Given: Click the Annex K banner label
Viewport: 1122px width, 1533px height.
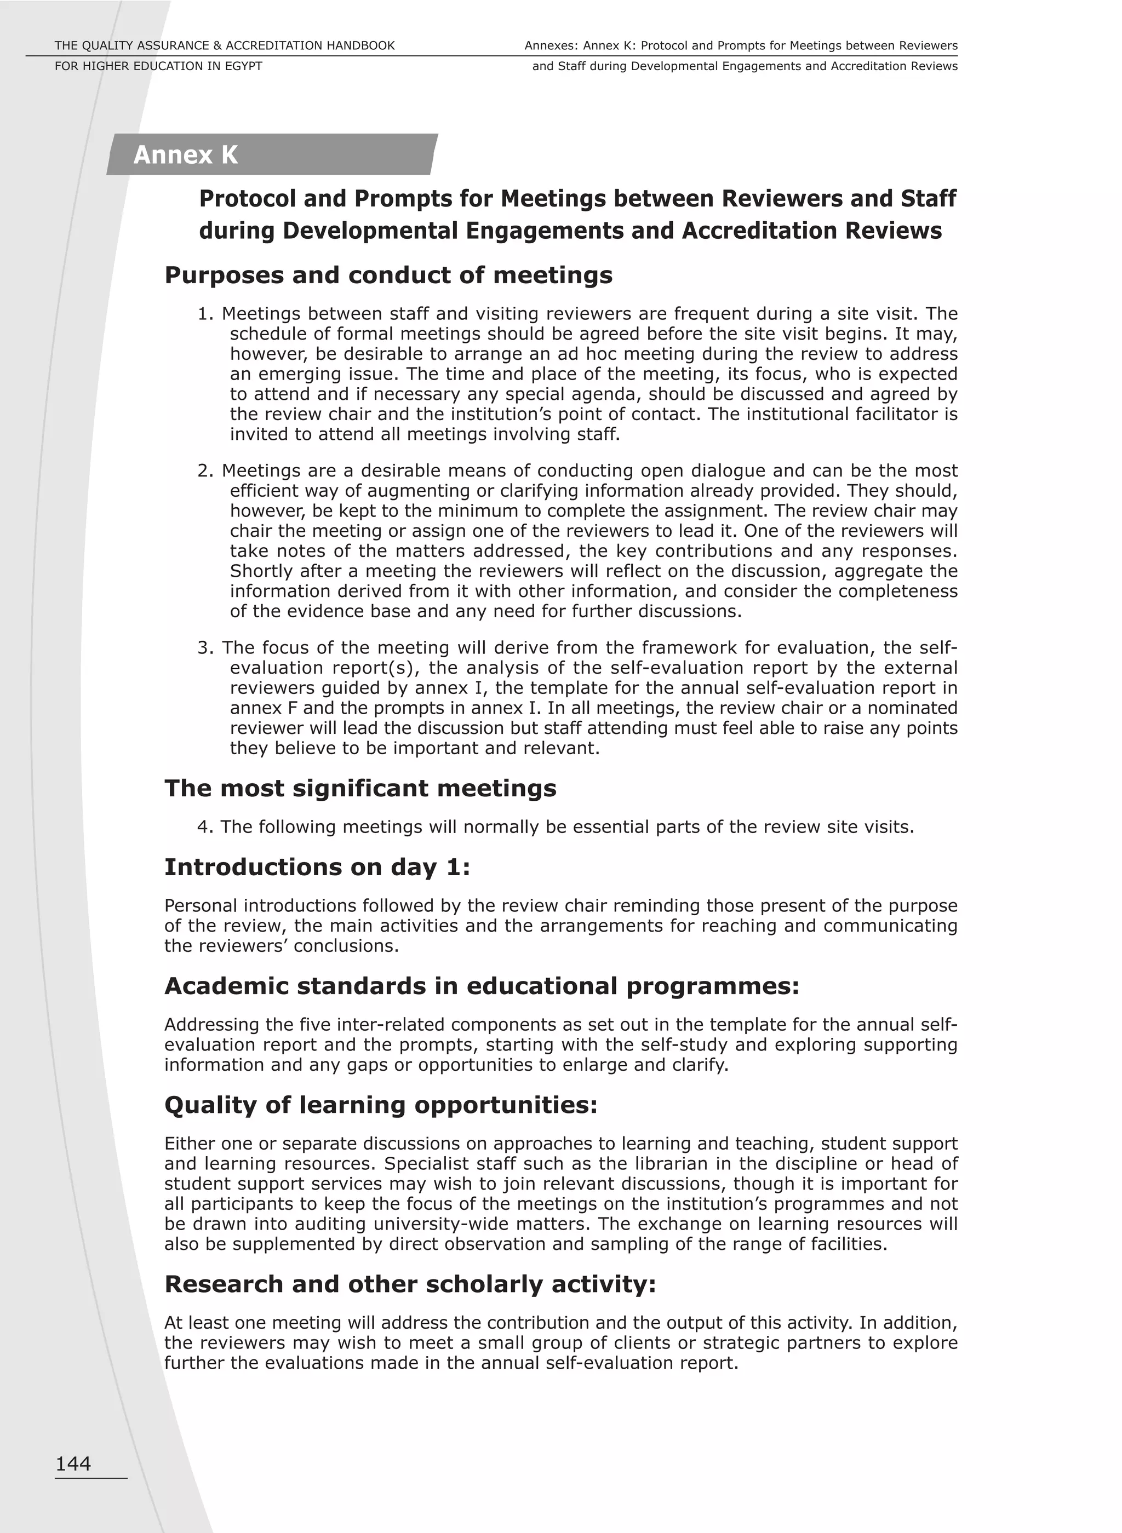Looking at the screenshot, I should (185, 155).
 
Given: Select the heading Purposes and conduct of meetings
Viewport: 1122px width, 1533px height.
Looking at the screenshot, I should (388, 275).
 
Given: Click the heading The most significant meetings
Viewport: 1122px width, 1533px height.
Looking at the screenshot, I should (360, 788).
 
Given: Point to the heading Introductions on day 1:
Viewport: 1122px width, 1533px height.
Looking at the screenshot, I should (317, 867).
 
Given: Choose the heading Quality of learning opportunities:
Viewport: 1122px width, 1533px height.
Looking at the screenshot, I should (380, 1105).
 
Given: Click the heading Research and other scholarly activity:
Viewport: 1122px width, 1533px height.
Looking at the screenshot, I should (410, 1284).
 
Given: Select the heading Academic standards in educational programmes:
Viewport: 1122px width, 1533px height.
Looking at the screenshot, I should (482, 986).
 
